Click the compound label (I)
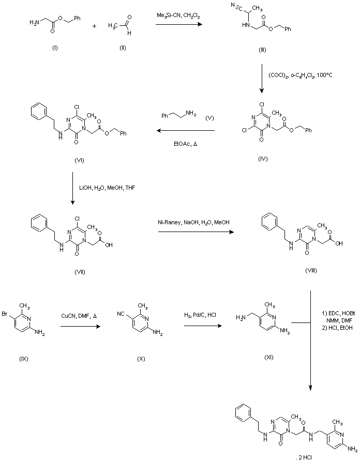pos(55,48)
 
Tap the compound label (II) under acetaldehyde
pos(122,48)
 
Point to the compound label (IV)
pos(262,159)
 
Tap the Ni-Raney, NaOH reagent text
pos(193,223)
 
